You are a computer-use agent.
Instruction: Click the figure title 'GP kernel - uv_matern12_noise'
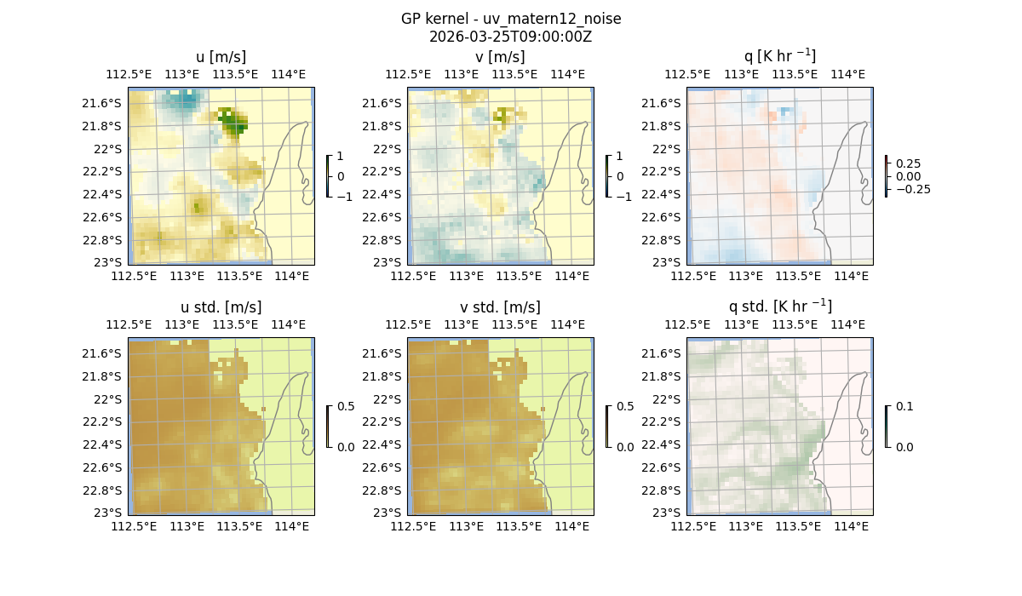510,19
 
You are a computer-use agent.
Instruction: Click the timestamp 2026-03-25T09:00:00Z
510,37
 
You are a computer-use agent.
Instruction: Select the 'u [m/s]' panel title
221,56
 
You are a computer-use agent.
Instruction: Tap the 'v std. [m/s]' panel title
501,307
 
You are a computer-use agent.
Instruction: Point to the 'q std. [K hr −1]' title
779,306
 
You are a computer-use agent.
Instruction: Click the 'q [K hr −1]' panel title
779,56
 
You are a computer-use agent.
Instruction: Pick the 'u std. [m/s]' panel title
221,307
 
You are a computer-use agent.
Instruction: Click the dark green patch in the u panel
232,123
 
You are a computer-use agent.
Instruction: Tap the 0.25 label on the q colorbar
909,163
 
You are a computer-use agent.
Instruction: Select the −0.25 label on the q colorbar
912,189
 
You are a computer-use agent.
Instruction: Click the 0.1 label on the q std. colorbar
903,406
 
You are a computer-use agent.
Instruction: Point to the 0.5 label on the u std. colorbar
346,406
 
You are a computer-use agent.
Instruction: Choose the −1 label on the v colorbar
623,196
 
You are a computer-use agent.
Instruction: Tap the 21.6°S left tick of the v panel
382,103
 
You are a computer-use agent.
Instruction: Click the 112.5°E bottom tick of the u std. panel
133,526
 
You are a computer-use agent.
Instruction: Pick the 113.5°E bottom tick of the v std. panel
519,526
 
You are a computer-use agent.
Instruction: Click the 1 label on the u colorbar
341,157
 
